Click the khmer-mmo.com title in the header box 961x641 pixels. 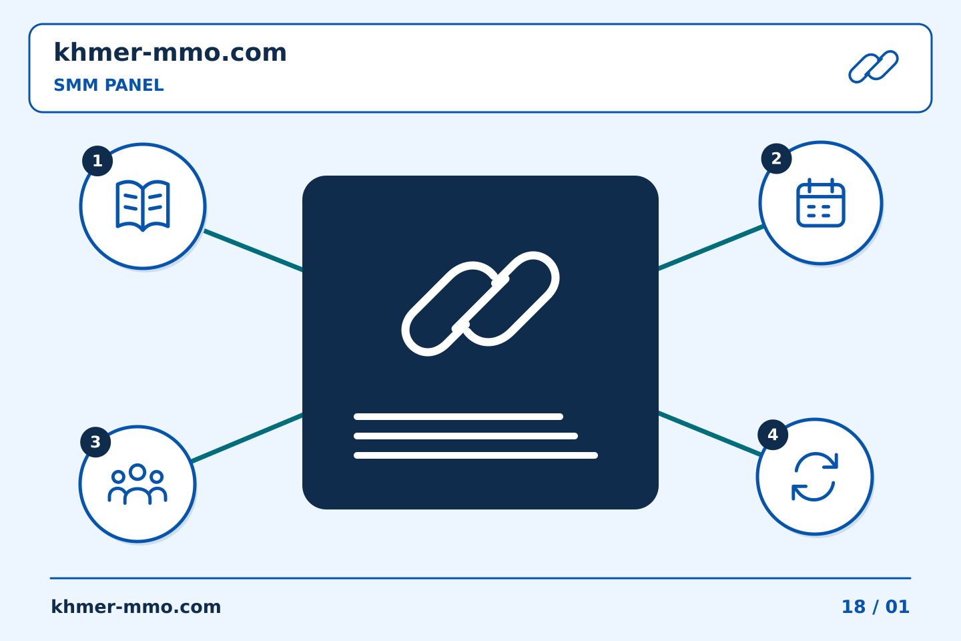170,52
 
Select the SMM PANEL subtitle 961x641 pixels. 109,85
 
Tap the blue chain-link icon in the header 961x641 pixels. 874,67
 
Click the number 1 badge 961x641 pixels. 97,161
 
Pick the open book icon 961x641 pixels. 143,206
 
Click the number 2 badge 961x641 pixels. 777,159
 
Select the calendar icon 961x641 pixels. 821,202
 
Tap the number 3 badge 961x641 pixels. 95,442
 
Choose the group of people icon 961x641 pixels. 137,484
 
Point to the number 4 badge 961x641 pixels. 773,435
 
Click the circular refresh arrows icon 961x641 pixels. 815,477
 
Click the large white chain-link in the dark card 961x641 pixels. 480,304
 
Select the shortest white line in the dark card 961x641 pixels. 458,417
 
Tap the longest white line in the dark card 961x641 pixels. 476,455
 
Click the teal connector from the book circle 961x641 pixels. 253,251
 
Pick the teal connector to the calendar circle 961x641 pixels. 711,247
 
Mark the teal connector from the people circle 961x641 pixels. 247,438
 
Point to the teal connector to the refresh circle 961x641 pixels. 710,433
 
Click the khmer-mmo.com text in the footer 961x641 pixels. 135,607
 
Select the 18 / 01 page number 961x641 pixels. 876,607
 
